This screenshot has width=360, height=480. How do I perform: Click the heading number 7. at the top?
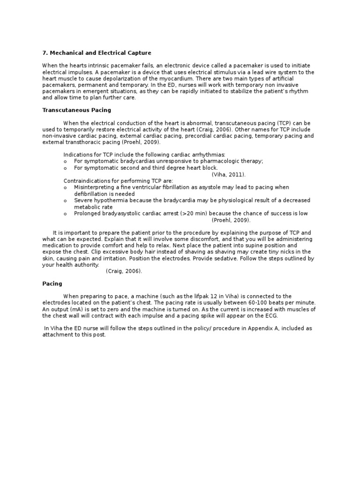coord(45,53)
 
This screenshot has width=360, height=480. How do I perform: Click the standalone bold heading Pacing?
coord(52,284)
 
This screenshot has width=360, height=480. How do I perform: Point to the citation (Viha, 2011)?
coord(229,174)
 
